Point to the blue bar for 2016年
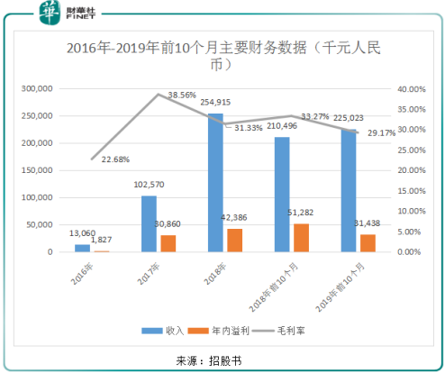coord(83,248)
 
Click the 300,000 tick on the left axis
coord(37,89)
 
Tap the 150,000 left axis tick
coord(37,170)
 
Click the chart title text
coord(222,57)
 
